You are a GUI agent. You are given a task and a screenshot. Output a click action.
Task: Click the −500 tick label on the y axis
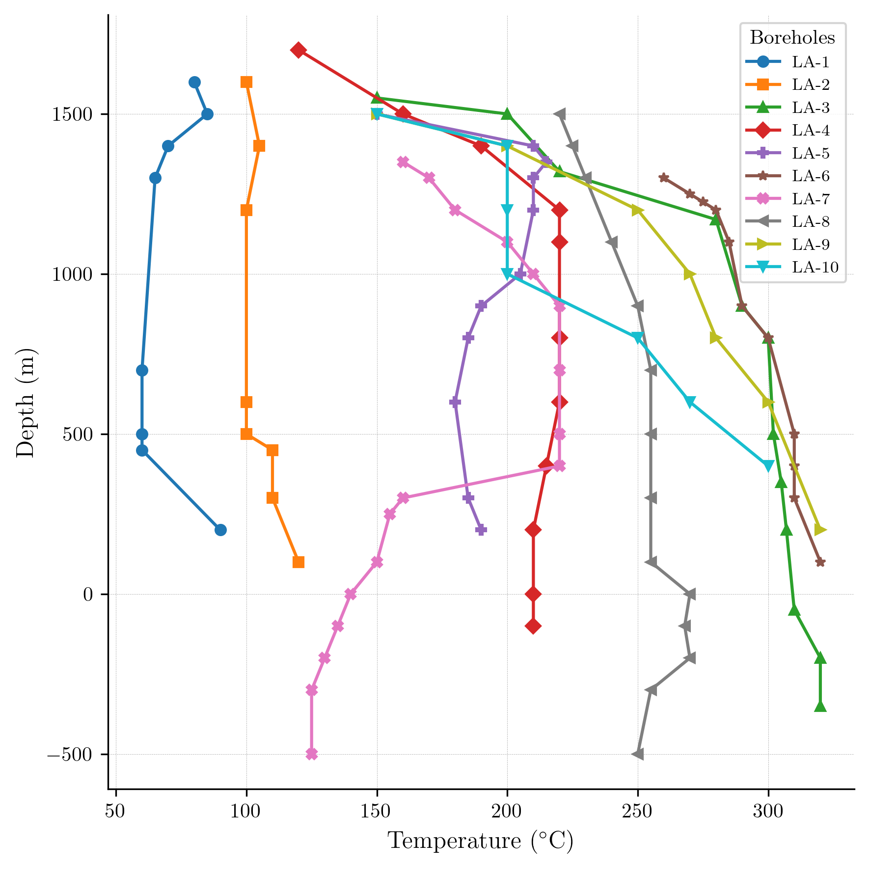(x=70, y=755)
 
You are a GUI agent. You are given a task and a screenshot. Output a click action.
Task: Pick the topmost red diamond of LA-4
(x=298, y=50)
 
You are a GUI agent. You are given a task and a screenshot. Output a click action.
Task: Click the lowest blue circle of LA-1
(x=220, y=530)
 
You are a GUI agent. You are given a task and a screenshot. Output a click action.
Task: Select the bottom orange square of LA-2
(x=298, y=562)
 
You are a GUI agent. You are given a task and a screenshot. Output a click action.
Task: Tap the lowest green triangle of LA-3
(x=820, y=706)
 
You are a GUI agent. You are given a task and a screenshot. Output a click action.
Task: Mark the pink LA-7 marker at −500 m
(x=311, y=754)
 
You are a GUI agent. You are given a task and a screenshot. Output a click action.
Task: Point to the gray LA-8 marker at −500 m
(x=637, y=754)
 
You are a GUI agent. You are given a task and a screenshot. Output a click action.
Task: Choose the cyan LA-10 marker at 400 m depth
(x=768, y=466)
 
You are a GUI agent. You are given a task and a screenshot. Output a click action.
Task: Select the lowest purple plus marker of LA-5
(x=481, y=530)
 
